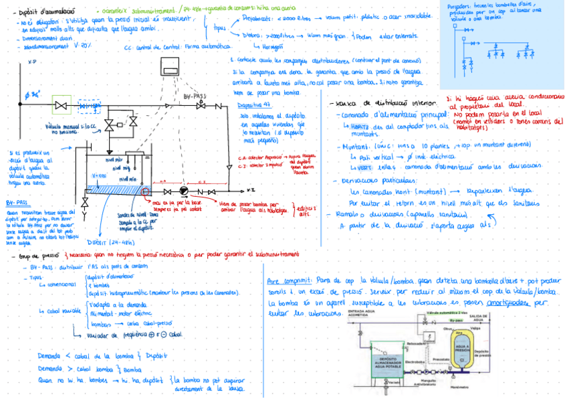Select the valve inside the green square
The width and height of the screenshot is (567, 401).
[x=62, y=105]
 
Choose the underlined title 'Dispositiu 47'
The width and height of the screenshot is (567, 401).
[x=252, y=106]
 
